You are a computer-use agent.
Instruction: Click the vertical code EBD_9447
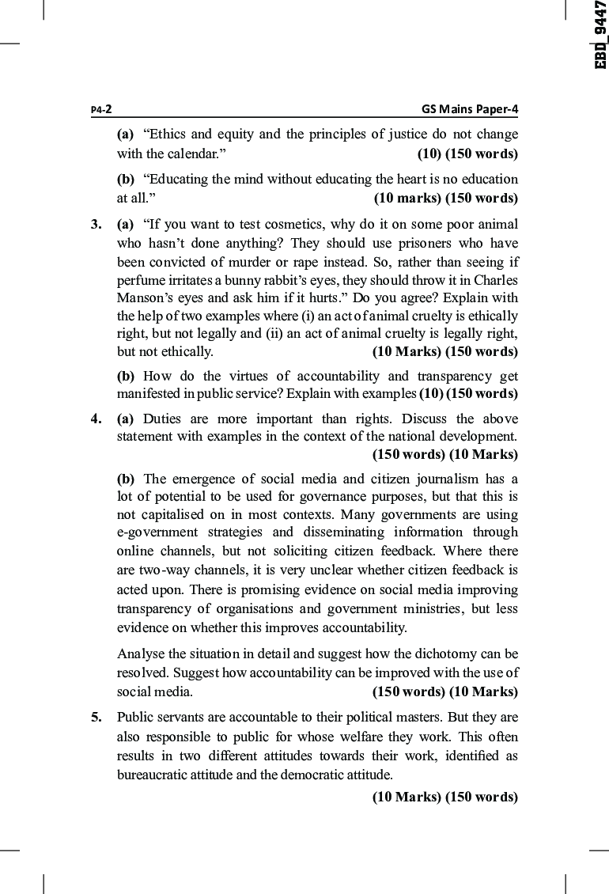[600, 35]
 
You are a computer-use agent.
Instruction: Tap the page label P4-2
[100, 110]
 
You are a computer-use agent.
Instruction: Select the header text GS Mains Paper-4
[470, 110]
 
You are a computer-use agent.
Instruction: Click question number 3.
[95, 224]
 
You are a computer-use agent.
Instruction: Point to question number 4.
[95, 419]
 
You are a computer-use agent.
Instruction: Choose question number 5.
[95, 718]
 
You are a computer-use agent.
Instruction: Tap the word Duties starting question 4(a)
[161, 419]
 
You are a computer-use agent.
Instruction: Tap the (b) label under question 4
[126, 479]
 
